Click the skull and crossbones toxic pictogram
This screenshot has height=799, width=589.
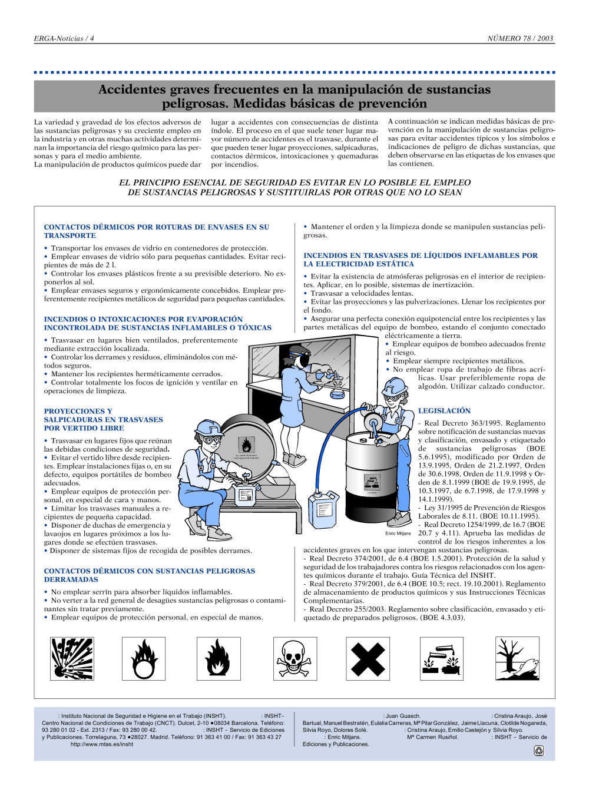295,659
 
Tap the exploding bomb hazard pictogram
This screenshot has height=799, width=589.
72,659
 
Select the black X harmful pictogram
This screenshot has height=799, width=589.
368,659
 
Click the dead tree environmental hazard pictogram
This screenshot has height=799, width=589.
517,659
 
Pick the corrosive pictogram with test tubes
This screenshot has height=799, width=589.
442,659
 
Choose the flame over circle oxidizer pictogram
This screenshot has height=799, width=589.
144,659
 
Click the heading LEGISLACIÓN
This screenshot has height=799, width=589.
444,410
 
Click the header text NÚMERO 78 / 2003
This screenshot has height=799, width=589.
520,38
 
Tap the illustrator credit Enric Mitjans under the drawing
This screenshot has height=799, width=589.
398,533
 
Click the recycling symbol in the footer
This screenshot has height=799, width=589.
538,750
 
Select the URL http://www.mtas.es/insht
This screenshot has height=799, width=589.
102,744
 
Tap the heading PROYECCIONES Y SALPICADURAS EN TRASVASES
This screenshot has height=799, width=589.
103,419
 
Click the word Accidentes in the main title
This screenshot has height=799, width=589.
132,89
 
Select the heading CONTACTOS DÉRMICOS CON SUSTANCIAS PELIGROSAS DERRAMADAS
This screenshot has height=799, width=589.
149,575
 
